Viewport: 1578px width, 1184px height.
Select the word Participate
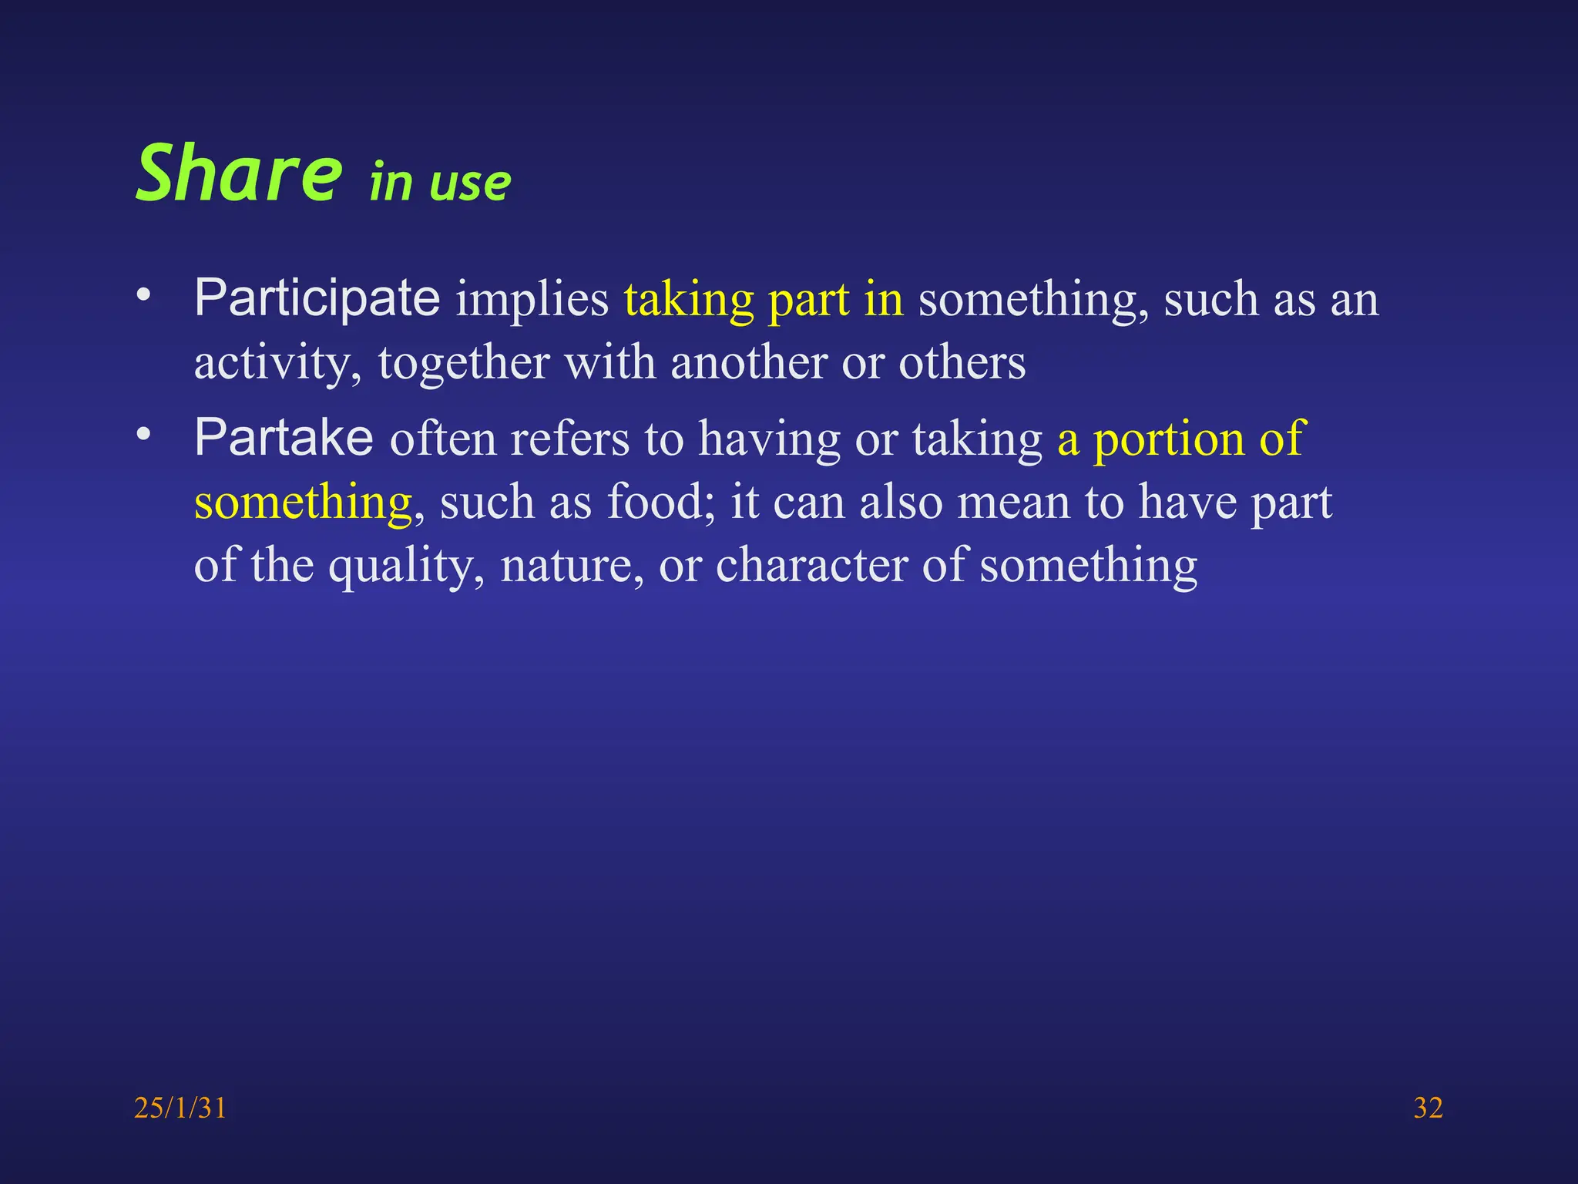point(317,298)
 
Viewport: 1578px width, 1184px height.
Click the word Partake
point(284,438)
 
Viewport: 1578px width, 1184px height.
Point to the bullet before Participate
point(143,295)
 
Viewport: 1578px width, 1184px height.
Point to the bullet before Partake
point(143,435)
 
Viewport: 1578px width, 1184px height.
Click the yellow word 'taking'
point(688,301)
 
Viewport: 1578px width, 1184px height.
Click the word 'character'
point(812,566)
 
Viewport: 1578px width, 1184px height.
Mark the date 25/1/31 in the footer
point(180,1108)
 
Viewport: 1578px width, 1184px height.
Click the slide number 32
point(1428,1108)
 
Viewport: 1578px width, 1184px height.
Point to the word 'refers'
point(569,439)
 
